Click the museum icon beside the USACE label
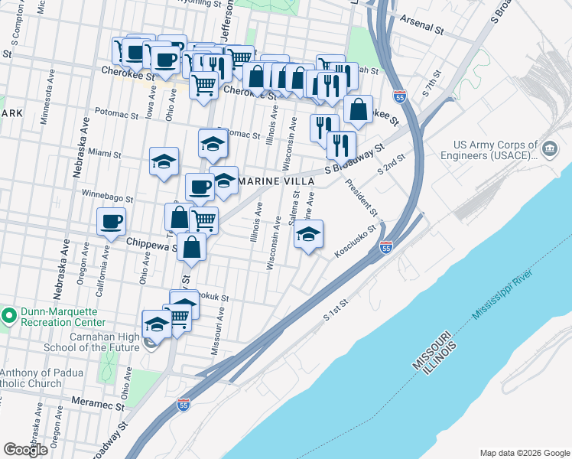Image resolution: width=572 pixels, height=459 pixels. click(x=550, y=147)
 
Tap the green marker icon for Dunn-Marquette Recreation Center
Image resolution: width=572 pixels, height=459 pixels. click(x=8, y=314)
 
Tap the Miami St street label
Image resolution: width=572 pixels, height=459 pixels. click(x=105, y=153)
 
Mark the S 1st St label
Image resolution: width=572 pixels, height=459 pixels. click(x=336, y=309)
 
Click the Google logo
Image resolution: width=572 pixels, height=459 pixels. click(x=25, y=450)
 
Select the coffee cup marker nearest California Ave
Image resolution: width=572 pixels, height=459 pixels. click(x=112, y=222)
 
